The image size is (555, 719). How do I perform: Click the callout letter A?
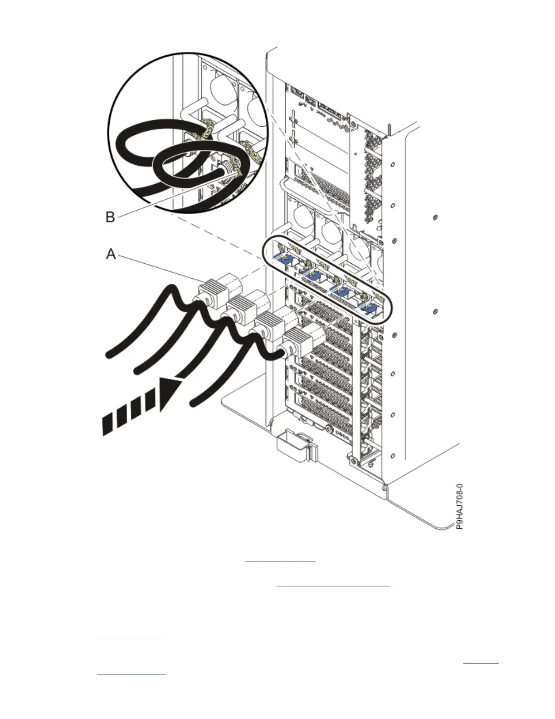coord(111,255)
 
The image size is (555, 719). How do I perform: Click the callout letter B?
coord(110,217)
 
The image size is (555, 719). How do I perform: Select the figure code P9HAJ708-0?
coord(460,507)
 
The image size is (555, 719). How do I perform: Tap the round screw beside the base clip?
coord(328,428)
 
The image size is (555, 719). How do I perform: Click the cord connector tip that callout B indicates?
coord(228,171)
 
